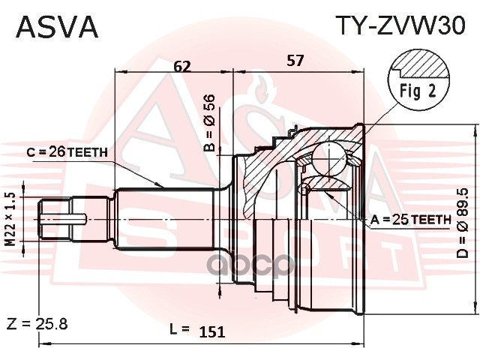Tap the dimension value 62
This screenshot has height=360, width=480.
pyautogui.click(x=181, y=65)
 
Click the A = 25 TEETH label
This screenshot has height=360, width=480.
pyautogui.click(x=411, y=219)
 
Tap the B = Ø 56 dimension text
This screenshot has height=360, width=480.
pyautogui.click(x=210, y=122)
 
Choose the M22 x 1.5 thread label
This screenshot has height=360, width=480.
pyautogui.click(x=10, y=217)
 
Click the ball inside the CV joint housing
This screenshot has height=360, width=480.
pyautogui.click(x=328, y=160)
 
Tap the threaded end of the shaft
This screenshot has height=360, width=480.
pyautogui.click(x=56, y=218)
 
